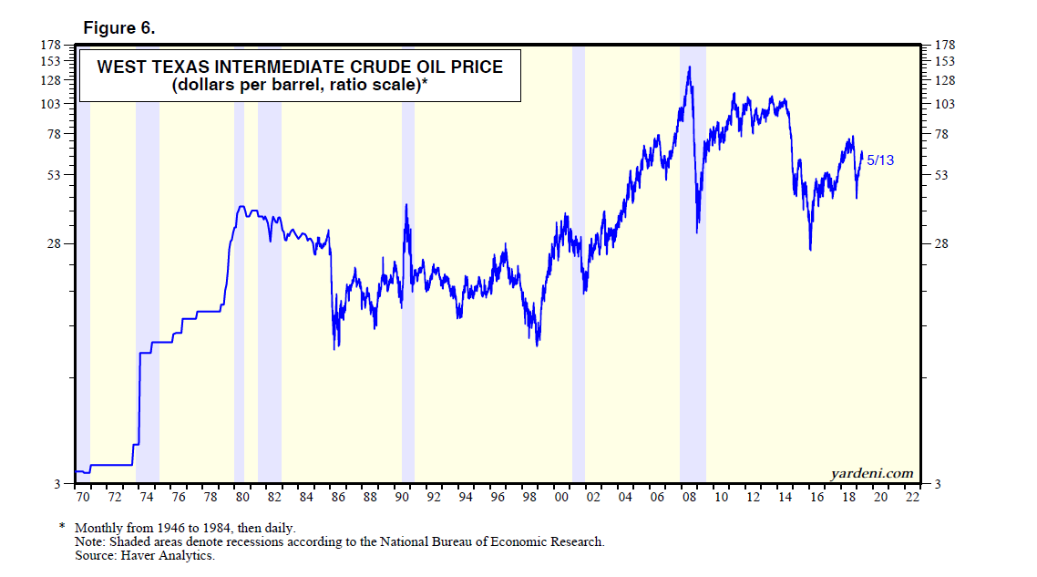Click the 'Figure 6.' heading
[119, 28]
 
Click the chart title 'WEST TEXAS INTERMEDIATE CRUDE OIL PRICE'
[300, 67]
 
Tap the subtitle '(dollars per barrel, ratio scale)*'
[300, 86]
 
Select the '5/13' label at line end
[880, 160]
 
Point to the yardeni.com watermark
[871, 472]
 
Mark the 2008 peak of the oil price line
[689, 67]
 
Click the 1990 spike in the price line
[406, 204]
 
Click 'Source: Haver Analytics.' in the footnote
[145, 555]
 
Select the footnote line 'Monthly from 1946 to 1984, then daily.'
[185, 528]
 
